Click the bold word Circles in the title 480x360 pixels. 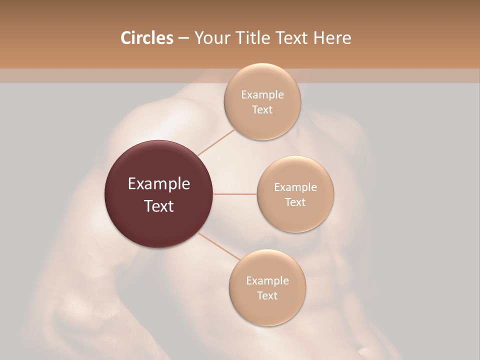[146, 38]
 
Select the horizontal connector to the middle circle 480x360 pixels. [234, 194]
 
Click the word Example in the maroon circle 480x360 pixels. [159, 184]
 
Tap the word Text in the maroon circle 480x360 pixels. [159, 206]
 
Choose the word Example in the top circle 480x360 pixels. [262, 95]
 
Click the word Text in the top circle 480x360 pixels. [262, 110]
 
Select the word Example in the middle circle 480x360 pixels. [295, 187]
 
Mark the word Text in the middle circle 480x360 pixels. [295, 202]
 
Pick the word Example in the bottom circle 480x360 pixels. [267, 281]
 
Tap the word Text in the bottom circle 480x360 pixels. [267, 296]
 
